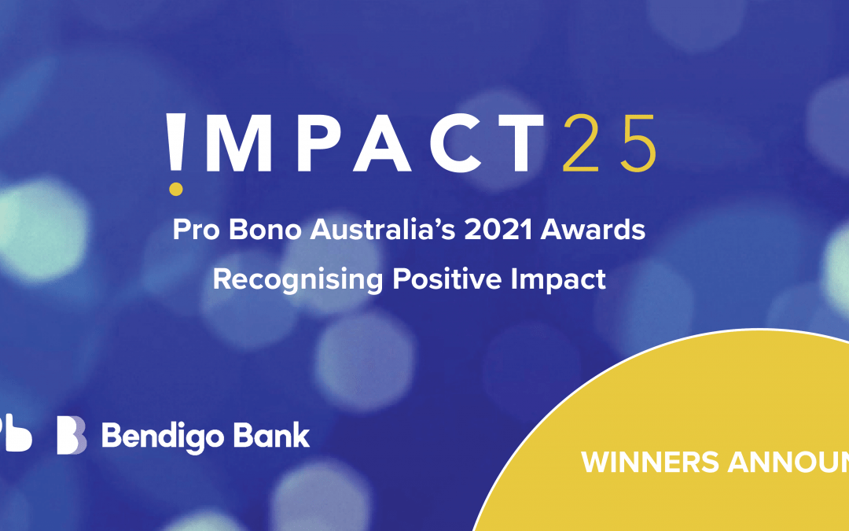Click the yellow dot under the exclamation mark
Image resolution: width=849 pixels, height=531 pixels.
coord(176,188)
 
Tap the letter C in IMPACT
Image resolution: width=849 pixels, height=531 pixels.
coord(454,144)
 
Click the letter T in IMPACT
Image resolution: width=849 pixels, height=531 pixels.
coord(520,144)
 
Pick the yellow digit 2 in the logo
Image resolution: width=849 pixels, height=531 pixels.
coord(583,144)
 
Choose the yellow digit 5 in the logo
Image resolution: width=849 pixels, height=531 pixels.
coord(635,144)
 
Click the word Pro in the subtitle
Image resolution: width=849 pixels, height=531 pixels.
coord(193,230)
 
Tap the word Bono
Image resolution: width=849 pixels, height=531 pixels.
coord(254,230)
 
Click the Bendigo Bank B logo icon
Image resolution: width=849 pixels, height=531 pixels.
coord(72,436)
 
